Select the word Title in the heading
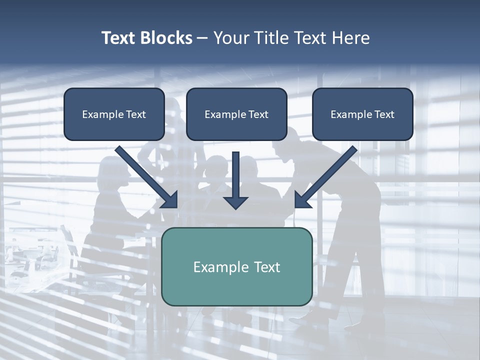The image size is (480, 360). click(x=271, y=38)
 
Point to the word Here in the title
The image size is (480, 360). click(x=349, y=38)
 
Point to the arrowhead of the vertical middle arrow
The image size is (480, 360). click(x=236, y=202)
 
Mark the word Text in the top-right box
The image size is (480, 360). click(x=384, y=114)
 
